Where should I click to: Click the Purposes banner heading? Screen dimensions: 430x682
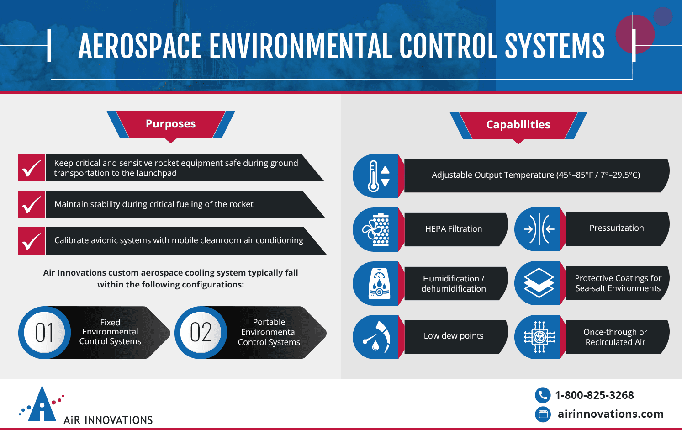pyautogui.click(x=170, y=124)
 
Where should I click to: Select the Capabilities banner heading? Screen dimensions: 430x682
pyautogui.click(x=518, y=125)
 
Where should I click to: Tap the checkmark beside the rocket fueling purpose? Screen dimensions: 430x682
pyautogui.click(x=32, y=204)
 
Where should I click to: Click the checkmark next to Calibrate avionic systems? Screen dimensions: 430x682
pyautogui.click(x=32, y=241)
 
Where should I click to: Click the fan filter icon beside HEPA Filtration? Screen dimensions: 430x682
pyautogui.click(x=376, y=229)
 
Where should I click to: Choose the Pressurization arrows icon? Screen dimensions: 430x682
pyautogui.click(x=539, y=229)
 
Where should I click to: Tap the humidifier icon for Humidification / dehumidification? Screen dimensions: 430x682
pyautogui.click(x=379, y=283)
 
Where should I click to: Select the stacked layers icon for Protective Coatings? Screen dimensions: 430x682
pyautogui.click(x=539, y=283)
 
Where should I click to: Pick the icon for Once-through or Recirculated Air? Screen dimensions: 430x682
pyautogui.click(x=539, y=337)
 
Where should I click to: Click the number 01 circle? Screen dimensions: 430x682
pyautogui.click(x=44, y=332)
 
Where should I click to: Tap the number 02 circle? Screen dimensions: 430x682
pyautogui.click(x=201, y=332)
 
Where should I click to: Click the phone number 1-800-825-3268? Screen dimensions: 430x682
pyautogui.click(x=594, y=395)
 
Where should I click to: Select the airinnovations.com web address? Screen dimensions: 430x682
pyautogui.click(x=610, y=414)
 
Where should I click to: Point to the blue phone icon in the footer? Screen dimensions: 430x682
pyautogui.click(x=542, y=395)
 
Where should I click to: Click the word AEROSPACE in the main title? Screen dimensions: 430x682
pyautogui.click(x=140, y=46)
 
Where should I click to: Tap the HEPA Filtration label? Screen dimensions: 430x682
pyautogui.click(x=453, y=229)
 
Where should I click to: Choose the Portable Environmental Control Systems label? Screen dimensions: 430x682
pyautogui.click(x=269, y=332)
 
